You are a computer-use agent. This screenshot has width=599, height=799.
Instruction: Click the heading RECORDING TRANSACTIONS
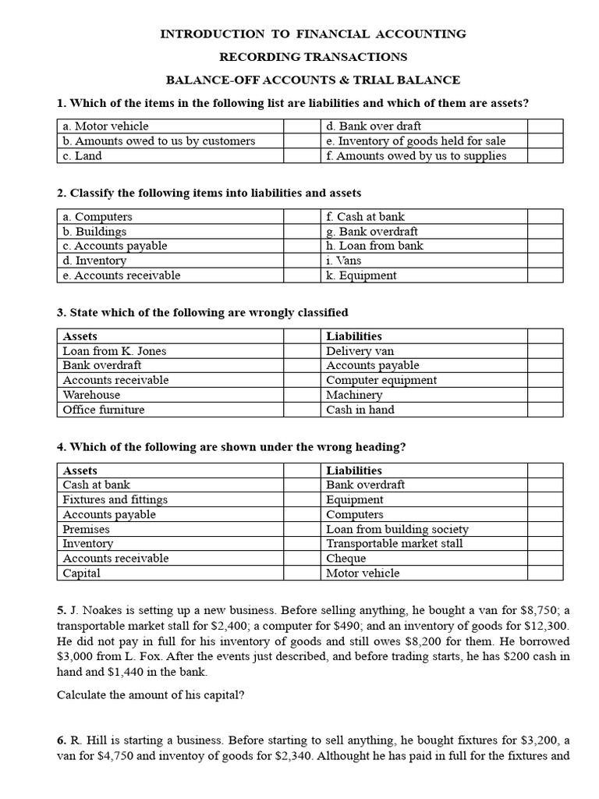click(313, 57)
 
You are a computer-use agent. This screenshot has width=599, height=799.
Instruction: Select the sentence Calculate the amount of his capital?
click(151, 695)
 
